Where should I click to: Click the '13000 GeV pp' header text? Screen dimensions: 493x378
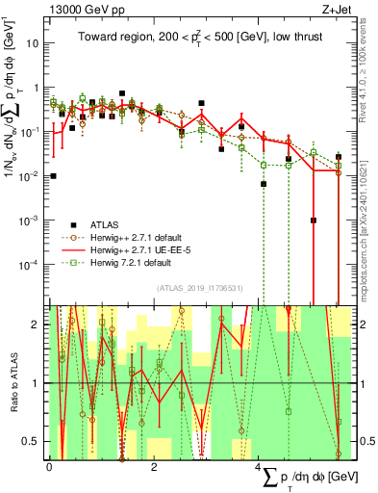pyautogui.click(x=82, y=9)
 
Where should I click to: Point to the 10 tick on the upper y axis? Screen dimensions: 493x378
pyautogui.click(x=32, y=43)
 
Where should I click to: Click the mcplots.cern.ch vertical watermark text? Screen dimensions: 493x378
pyautogui.click(x=369, y=207)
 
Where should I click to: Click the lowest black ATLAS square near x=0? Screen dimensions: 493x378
pyautogui.click(x=53, y=176)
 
